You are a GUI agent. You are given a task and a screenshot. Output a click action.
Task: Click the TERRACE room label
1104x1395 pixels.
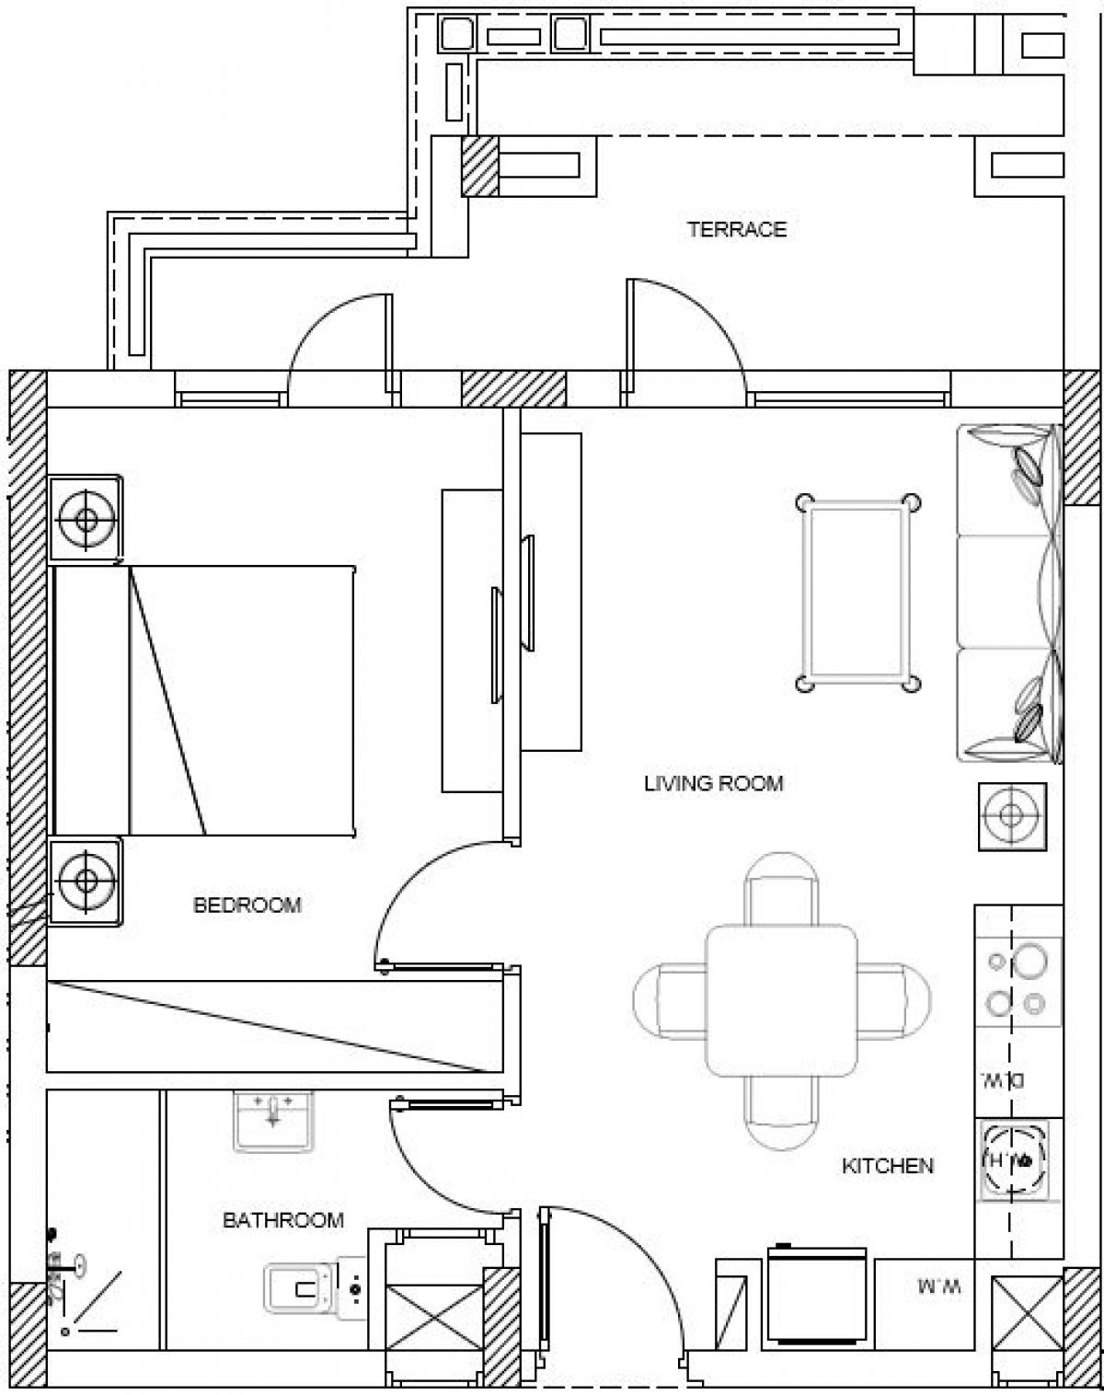coord(737,229)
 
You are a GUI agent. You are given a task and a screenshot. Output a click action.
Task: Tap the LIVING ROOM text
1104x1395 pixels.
coord(713,784)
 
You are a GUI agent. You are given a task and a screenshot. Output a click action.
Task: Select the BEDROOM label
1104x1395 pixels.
coord(247,905)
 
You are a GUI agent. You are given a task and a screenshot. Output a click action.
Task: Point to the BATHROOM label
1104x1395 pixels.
coord(283,1220)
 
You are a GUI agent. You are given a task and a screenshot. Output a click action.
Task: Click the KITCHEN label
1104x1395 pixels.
coord(888,1166)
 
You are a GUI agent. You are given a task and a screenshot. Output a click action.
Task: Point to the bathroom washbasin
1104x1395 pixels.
coord(273,1119)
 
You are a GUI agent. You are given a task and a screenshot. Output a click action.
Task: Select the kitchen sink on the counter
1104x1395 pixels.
coord(1018,1160)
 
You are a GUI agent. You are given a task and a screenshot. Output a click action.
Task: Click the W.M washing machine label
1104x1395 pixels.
coord(937,1286)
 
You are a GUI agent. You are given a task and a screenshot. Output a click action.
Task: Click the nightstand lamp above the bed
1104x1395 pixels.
coord(86,519)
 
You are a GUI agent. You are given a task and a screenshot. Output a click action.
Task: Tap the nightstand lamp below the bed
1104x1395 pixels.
coord(86,881)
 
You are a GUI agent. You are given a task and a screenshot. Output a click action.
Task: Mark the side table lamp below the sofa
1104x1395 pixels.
coord(1011,815)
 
